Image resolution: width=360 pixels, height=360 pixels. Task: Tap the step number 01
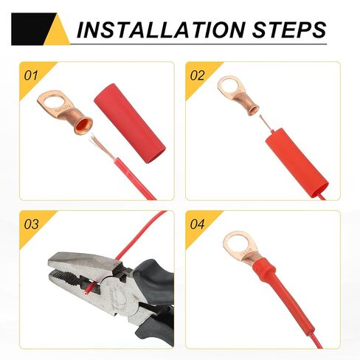[32, 75]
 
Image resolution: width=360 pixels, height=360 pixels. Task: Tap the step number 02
[198, 75]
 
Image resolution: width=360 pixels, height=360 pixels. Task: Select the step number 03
[32, 224]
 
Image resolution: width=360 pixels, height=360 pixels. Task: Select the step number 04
[198, 224]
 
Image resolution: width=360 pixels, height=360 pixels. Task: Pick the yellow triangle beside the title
[58, 31]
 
